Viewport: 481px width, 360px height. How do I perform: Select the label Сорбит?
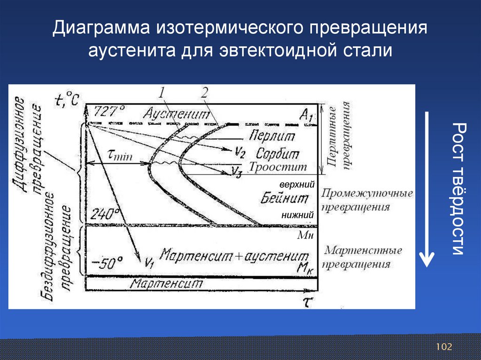[277, 153]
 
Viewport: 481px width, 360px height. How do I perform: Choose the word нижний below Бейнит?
[297, 215]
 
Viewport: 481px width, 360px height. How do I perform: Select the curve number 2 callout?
[204, 92]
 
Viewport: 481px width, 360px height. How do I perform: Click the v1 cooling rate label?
[149, 263]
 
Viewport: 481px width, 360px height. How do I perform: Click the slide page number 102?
[443, 347]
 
